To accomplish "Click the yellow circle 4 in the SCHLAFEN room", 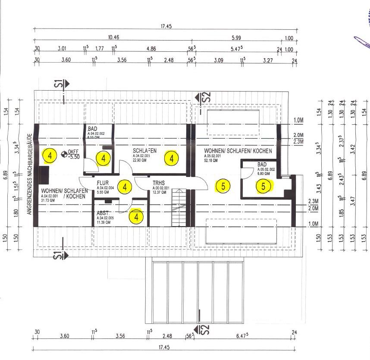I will [x=172, y=158].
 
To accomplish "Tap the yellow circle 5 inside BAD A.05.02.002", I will [x=263, y=186].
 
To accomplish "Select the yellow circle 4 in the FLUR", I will [x=125, y=187].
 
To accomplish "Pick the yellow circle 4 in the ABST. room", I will [x=136, y=217].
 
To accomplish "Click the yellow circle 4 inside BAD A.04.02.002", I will [x=103, y=158].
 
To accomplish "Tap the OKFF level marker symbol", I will [x=64, y=153].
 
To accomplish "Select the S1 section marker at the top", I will [x=62, y=84].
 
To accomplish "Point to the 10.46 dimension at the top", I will [x=114, y=38].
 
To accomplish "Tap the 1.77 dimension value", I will [x=100, y=49].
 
